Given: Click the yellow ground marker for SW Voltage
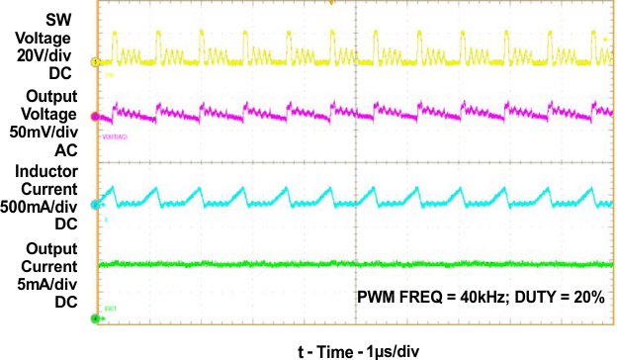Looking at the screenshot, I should [x=96, y=61].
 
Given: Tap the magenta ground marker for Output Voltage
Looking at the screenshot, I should [x=96, y=116].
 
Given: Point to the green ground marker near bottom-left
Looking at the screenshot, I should [x=96, y=317].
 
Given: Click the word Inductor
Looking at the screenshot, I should [x=45, y=170].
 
